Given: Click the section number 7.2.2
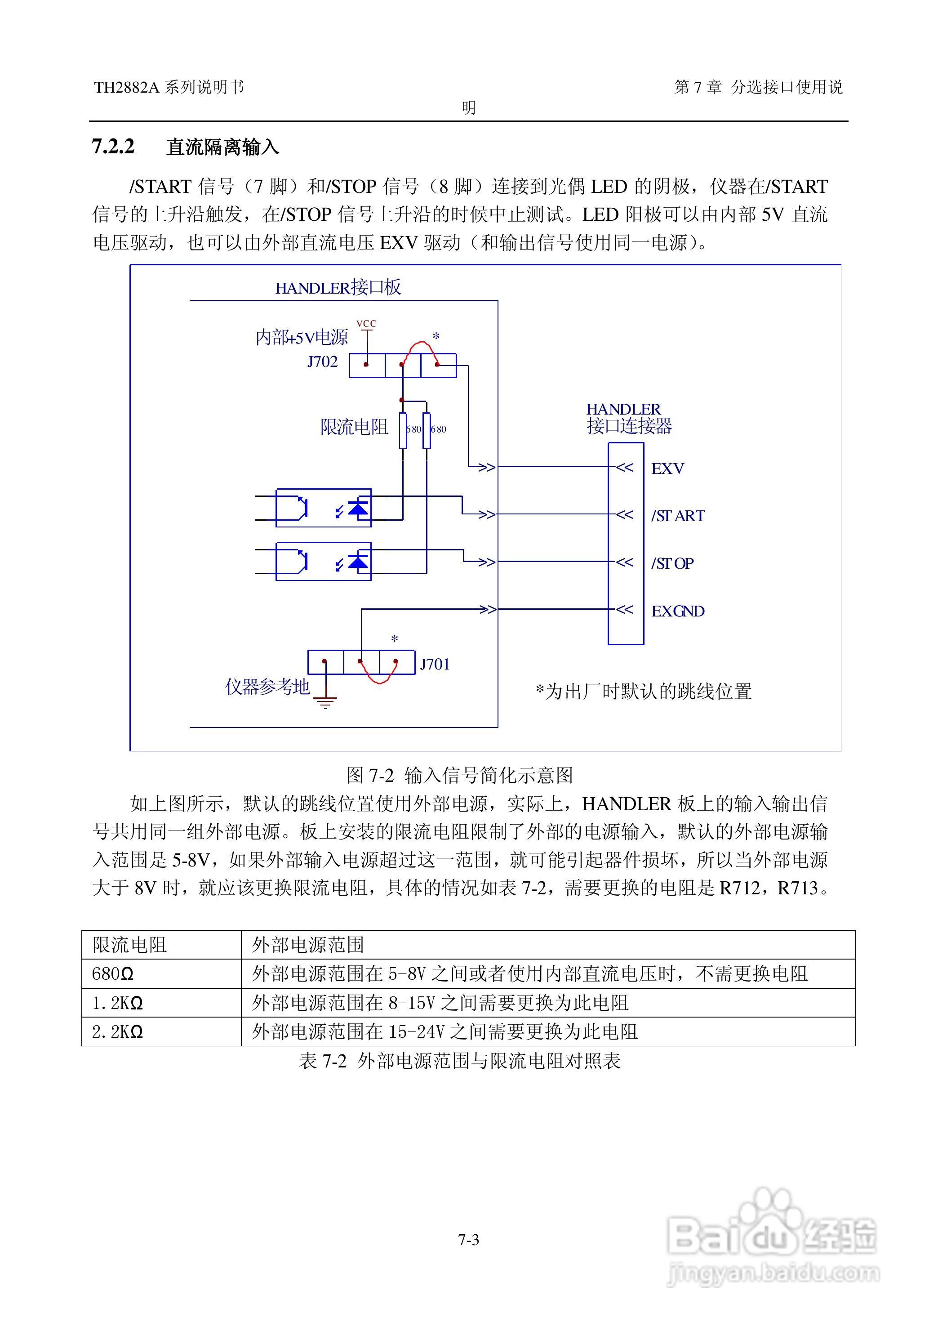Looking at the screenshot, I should pos(113,147).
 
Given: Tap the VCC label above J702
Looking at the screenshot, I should pos(366,324).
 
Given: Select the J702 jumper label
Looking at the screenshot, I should pos(322,362).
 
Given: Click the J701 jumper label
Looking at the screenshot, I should pos(434,665).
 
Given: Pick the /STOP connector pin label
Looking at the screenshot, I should pos(672,563).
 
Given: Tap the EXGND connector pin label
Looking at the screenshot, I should pos(677,611).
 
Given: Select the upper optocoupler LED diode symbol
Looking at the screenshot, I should pos(359,509).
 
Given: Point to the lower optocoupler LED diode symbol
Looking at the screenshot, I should pos(359,562).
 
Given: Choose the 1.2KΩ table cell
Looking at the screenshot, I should pos(117,1003).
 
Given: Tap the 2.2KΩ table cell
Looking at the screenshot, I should pos(117,1032).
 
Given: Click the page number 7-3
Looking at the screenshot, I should pos(468,1240).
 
